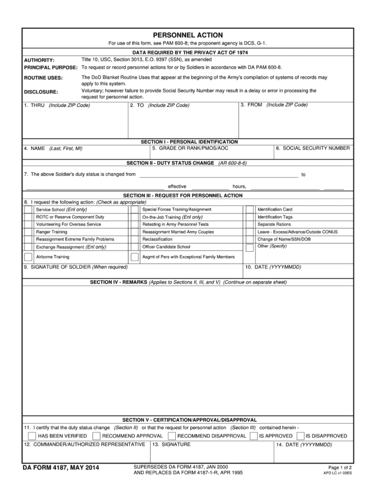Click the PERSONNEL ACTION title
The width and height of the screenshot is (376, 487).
188,35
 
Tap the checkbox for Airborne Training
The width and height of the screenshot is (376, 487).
28,257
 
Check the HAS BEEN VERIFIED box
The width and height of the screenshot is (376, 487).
32,436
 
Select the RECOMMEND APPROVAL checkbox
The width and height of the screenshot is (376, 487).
96,436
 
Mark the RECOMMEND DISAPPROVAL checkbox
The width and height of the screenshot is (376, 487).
171,436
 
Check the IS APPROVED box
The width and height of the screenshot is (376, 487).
253,436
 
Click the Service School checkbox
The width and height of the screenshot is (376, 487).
28,210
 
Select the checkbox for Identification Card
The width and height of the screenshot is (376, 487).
250,210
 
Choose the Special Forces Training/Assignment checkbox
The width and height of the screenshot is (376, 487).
134,210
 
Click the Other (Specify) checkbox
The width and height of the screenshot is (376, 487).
250,247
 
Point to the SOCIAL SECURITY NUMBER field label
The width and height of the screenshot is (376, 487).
313,148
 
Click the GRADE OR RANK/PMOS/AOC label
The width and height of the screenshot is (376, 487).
190,148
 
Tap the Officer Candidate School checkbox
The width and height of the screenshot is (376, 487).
134,246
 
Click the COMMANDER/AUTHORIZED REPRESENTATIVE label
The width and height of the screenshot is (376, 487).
84,444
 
